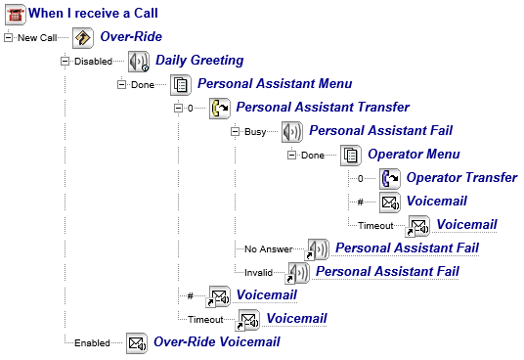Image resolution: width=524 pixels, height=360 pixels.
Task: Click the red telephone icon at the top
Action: tap(16, 15)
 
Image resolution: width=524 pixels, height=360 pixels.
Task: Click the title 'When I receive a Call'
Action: tap(93, 14)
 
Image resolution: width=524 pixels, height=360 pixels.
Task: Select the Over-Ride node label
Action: tap(131, 37)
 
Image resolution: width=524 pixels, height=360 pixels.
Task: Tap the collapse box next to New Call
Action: tap(8, 37)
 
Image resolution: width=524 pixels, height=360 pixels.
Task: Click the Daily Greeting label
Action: tap(199, 61)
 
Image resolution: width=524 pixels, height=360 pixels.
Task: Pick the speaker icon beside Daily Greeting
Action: tap(139, 62)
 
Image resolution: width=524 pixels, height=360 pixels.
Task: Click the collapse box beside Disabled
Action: tap(65, 62)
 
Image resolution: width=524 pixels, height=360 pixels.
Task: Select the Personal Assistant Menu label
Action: tap(275, 83)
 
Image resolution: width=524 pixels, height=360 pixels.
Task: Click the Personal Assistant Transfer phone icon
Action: tap(220, 109)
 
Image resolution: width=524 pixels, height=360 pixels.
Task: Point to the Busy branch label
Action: tap(255, 132)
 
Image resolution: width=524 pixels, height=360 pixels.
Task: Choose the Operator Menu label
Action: tap(414, 155)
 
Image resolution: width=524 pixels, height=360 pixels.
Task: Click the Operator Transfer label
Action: tap(461, 177)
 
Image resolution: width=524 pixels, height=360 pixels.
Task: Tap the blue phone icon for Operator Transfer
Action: tap(390, 179)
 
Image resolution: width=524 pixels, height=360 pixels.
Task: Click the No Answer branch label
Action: tap(268, 249)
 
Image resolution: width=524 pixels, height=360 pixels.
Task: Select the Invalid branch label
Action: tap(258, 272)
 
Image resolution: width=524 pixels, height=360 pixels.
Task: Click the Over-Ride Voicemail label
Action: tap(217, 341)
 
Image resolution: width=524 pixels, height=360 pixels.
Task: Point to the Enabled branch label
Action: tap(92, 343)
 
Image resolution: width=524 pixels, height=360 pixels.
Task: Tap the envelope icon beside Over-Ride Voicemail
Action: tap(136, 343)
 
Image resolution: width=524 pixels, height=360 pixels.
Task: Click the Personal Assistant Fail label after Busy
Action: tap(380, 130)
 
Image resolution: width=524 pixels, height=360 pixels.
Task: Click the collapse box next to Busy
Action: tap(235, 131)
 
